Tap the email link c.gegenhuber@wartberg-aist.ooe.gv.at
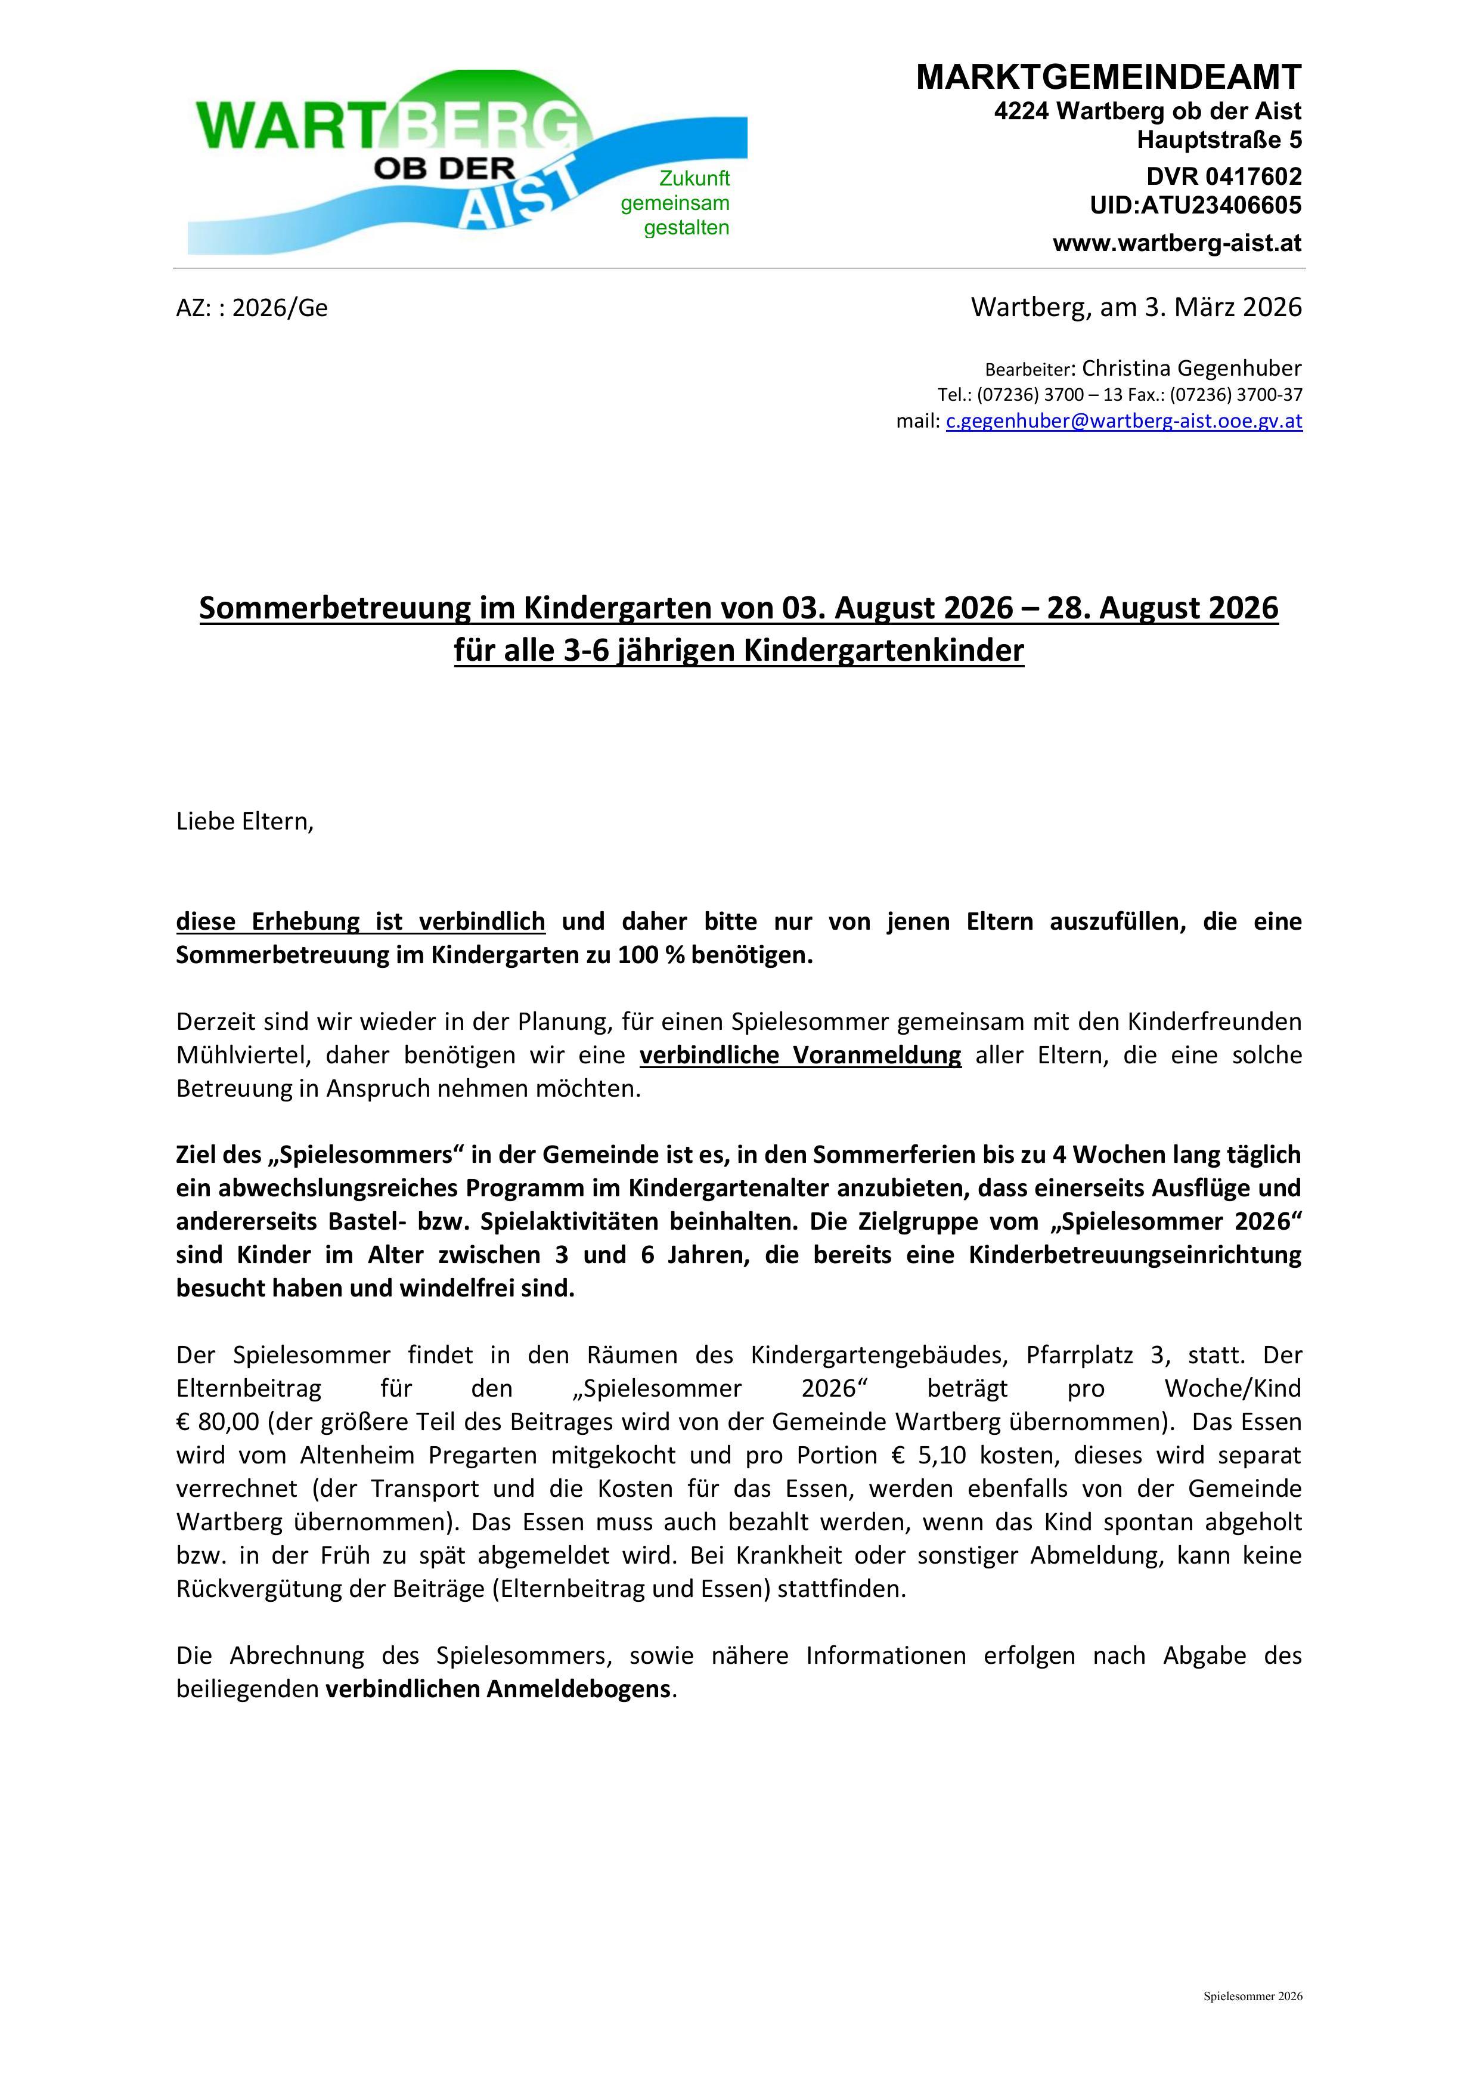tap(1124, 421)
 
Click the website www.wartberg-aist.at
tap(1177, 243)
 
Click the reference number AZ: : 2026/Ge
tap(252, 308)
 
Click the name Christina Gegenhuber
tap(1191, 368)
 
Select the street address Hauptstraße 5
tap(1218, 140)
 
